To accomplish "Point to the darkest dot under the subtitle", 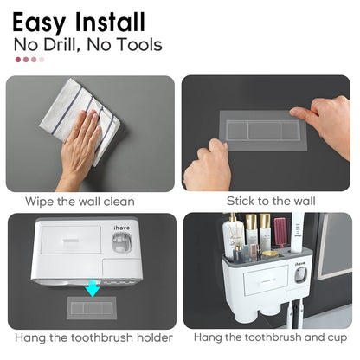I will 17,60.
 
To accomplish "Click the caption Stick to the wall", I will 271,202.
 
